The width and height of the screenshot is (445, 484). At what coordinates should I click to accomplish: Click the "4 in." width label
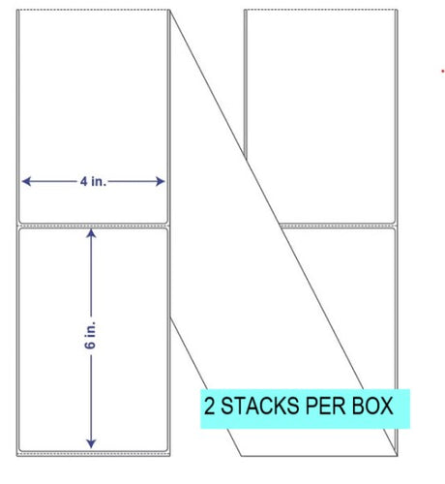93,182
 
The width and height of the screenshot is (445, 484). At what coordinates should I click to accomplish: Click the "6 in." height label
91,335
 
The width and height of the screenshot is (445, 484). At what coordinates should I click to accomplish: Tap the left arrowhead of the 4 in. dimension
26,181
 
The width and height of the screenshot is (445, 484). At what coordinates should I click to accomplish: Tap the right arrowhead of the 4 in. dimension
161,181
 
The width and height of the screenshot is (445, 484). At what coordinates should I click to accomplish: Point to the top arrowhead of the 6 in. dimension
91,233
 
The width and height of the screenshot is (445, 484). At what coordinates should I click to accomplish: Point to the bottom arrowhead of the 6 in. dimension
91,444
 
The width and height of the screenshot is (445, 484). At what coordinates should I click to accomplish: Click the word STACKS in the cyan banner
259,406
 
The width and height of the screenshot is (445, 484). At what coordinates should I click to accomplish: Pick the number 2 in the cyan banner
210,406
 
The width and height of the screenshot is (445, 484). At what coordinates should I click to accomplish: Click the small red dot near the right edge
443,71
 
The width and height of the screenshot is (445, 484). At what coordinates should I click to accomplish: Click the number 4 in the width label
84,182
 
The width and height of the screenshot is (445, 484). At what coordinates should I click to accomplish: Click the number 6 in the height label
91,345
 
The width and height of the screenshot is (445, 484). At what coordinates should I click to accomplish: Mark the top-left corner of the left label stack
17,10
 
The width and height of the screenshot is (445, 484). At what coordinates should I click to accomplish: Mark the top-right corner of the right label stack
398,10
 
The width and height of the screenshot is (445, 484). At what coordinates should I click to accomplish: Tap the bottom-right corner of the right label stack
398,456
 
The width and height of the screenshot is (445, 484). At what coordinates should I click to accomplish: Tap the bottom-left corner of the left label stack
17,456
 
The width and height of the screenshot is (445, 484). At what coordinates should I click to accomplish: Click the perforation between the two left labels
94,226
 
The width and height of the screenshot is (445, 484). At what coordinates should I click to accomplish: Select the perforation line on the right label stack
339,226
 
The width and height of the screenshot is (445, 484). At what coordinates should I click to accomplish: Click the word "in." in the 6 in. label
91,328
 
